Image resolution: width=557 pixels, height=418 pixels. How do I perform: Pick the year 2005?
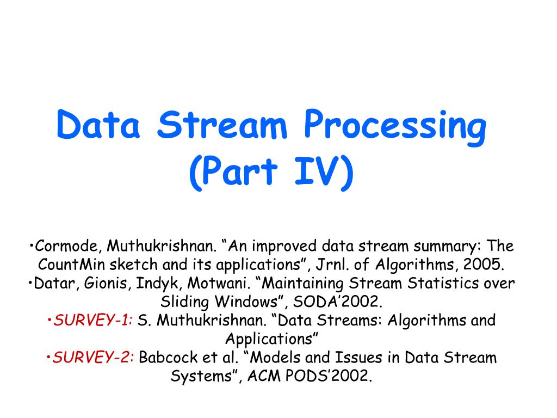click(484, 265)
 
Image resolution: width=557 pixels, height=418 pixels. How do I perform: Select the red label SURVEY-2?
click(95, 358)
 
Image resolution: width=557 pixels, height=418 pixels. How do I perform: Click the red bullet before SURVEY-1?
click(50, 321)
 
